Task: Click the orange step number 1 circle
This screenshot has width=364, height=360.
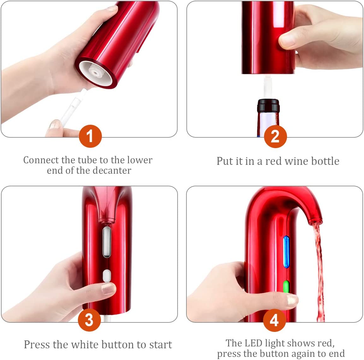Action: point(90,136)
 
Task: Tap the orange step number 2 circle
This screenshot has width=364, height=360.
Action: point(275,136)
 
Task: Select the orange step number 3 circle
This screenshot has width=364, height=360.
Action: point(89,320)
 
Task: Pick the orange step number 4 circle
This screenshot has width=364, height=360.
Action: point(274,320)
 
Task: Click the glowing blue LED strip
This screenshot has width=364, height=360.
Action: point(286,252)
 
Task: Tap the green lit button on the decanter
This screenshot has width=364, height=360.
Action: point(286,287)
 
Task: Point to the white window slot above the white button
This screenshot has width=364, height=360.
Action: point(107,242)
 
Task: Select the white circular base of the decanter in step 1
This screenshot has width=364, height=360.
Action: point(94,73)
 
